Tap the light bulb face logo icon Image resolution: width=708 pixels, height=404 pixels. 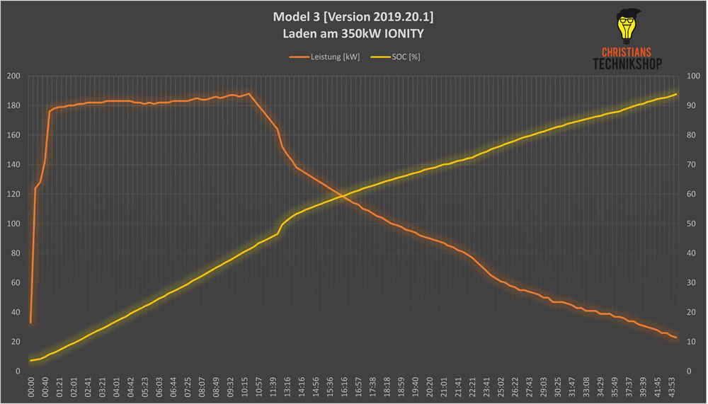point(625,28)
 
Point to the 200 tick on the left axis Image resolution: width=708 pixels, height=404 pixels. point(13,76)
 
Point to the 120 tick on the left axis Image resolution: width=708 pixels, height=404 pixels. point(13,195)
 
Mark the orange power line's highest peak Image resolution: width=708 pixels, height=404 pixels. point(249,93)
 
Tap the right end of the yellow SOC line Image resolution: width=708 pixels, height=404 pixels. point(677,94)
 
